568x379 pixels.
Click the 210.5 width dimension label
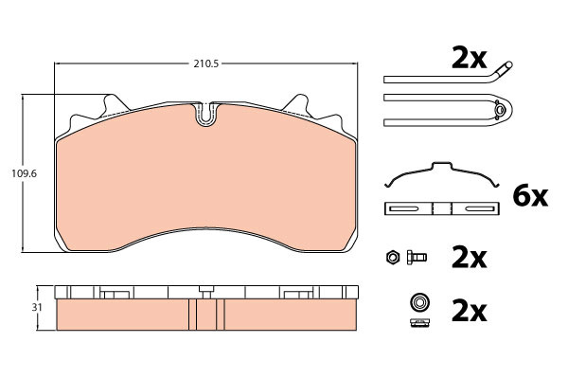pyautogui.click(x=205, y=63)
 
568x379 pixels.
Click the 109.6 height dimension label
pyautogui.click(x=24, y=173)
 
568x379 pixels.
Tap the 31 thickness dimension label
pyautogui.click(x=37, y=308)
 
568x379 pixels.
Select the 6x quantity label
pyautogui.click(x=530, y=196)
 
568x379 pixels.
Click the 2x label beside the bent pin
pyautogui.click(x=469, y=59)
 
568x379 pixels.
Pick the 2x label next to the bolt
pyautogui.click(x=469, y=258)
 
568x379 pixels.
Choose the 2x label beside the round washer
pyautogui.click(x=469, y=311)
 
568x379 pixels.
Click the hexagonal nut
pyautogui.click(x=392, y=257)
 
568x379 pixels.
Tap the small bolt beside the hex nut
pyautogui.click(x=417, y=257)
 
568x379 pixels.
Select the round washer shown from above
pyautogui.click(x=419, y=301)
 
